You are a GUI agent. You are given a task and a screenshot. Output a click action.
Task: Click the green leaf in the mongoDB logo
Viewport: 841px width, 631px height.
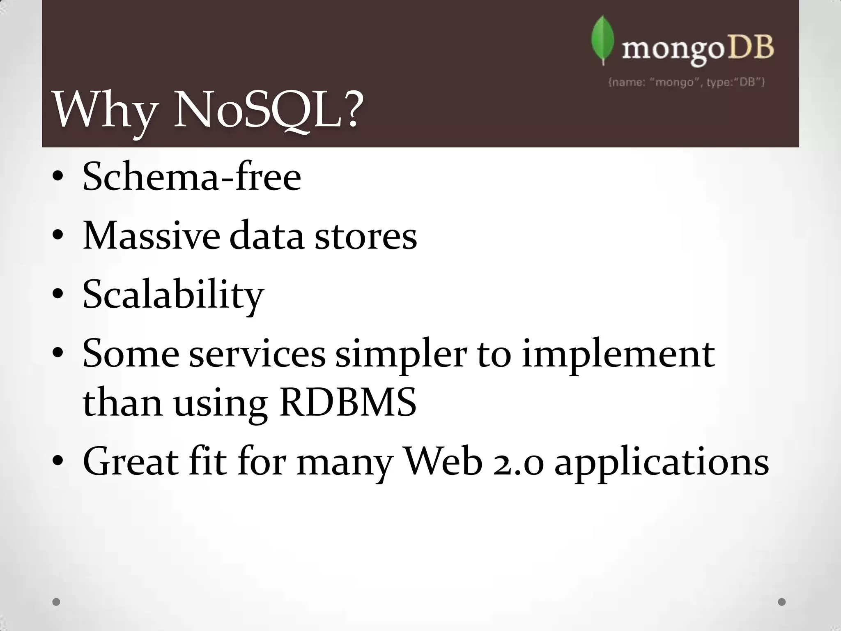click(x=602, y=40)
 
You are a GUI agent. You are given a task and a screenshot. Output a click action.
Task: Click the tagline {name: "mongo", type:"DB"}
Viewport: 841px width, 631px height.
click(x=686, y=82)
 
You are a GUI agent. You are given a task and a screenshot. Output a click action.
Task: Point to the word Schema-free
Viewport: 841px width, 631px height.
click(x=192, y=177)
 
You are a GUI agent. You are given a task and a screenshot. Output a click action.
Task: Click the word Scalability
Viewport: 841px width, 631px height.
click(x=173, y=295)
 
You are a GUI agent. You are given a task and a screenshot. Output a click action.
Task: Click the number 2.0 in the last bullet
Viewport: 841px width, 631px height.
click(x=519, y=463)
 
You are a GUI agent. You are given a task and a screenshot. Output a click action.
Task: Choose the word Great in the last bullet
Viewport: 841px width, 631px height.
click(x=131, y=462)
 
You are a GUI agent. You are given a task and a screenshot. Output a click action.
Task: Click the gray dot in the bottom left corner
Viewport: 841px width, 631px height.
click(x=57, y=602)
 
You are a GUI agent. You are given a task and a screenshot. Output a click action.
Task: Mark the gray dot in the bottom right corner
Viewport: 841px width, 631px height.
click(x=782, y=602)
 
